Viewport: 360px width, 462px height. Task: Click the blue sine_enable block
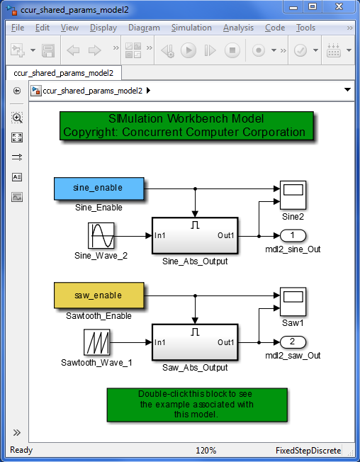tap(99, 188)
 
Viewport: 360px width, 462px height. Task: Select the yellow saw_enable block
tap(99, 295)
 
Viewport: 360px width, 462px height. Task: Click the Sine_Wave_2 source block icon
tap(101, 235)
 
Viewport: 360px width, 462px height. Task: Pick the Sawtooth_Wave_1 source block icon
tap(101, 342)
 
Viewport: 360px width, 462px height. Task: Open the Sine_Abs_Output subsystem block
tap(195, 235)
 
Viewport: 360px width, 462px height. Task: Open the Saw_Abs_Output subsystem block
tap(195, 342)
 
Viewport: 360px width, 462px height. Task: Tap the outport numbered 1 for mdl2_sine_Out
tap(293, 235)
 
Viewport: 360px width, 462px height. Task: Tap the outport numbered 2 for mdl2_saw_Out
tap(293, 342)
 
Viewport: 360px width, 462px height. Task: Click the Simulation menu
tap(191, 28)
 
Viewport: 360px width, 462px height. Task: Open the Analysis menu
tap(238, 28)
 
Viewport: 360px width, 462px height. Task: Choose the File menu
tap(18, 28)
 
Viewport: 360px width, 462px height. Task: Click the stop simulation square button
tap(232, 51)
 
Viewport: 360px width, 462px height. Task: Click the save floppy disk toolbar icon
tap(48, 51)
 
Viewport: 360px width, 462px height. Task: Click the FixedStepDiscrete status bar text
tap(308, 451)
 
